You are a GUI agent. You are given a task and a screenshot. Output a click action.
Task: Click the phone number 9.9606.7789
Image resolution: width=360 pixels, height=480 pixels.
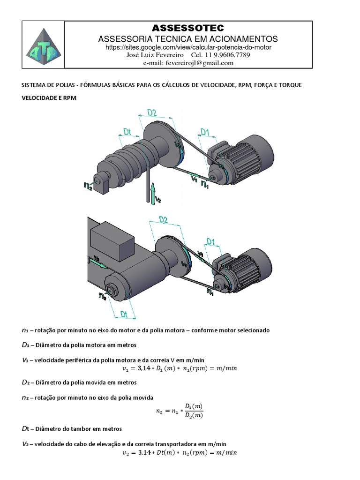pos(230,55)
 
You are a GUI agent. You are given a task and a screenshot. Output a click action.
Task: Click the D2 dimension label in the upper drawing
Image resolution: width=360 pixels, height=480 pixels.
pos(151,112)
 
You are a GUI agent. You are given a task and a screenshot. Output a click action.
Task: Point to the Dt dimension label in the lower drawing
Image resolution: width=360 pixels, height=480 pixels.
pos(124,314)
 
